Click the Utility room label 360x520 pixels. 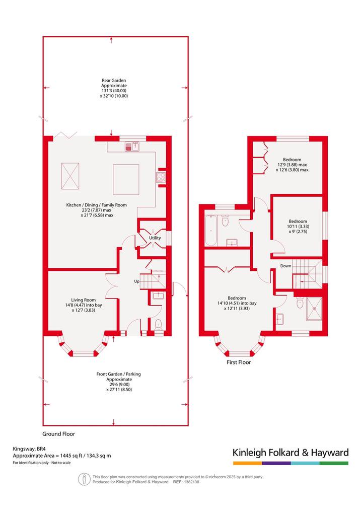click(155, 238)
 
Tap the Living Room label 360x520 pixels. click(83, 300)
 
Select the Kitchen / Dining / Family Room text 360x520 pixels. click(97, 205)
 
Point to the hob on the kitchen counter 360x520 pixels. click(161, 177)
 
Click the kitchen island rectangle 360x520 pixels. click(126, 179)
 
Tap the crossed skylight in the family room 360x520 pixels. click(70, 176)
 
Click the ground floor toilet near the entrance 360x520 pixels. click(158, 324)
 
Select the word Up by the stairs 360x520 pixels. click(137, 281)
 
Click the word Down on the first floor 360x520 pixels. click(285, 266)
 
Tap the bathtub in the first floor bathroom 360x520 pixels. click(211, 231)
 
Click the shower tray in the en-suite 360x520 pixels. click(314, 309)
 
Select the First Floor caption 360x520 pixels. click(239, 362)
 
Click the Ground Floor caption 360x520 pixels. click(59, 434)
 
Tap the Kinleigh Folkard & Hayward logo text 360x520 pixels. click(291, 453)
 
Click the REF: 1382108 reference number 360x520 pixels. click(186, 482)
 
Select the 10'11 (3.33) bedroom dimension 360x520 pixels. click(298, 227)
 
